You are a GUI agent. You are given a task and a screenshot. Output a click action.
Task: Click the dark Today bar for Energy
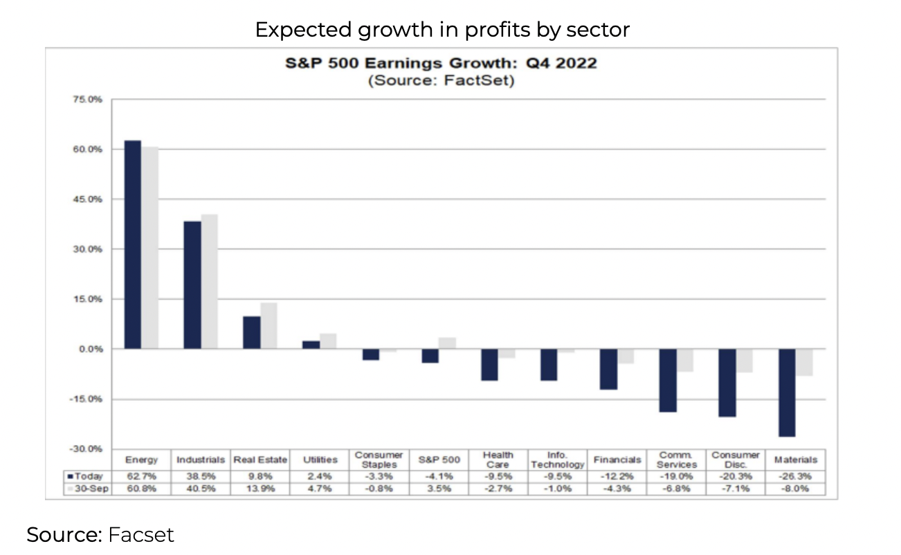[x=132, y=244]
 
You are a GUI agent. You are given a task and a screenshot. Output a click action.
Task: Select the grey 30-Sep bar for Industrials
[x=210, y=282]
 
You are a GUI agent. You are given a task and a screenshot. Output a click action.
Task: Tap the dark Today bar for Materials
[x=787, y=392]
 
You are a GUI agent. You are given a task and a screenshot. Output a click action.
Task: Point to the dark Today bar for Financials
[x=608, y=369]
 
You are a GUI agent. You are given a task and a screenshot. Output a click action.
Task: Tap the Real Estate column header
[x=260, y=460]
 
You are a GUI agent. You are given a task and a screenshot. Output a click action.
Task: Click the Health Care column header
[x=498, y=460]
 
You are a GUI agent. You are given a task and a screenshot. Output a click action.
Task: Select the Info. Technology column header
[x=558, y=460]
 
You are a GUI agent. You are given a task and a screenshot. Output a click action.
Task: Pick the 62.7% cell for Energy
[x=141, y=476]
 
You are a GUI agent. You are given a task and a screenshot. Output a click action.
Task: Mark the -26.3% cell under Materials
[x=796, y=476]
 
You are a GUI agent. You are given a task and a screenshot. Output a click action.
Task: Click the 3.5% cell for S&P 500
[x=439, y=489]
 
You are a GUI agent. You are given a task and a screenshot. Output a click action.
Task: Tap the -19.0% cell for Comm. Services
[x=677, y=476]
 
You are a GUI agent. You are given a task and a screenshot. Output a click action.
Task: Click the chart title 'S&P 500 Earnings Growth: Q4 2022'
[x=442, y=64]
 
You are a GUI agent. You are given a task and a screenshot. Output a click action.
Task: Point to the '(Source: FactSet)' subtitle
[x=442, y=80]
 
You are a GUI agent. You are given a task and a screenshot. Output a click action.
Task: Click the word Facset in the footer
[x=141, y=535]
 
